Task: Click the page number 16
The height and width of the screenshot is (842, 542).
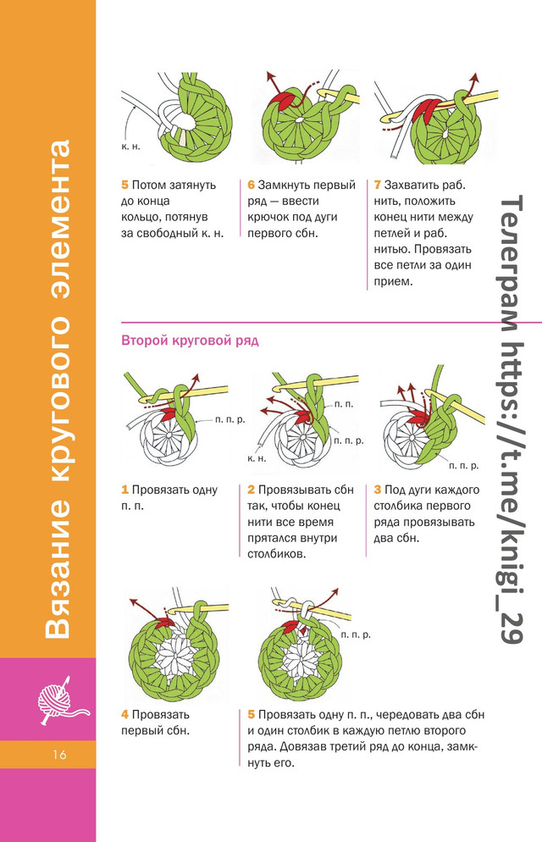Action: [x=59, y=755]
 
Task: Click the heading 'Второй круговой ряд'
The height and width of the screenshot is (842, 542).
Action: [x=190, y=341]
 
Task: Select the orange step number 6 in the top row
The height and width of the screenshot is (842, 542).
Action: [x=251, y=185]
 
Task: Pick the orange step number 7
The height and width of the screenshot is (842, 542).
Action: [x=377, y=185]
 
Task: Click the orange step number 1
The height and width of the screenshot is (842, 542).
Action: [x=124, y=490]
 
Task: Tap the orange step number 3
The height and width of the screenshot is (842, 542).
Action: [x=377, y=490]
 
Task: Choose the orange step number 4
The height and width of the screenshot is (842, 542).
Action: [x=124, y=715]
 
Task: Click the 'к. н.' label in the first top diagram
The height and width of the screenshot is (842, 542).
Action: [x=130, y=147]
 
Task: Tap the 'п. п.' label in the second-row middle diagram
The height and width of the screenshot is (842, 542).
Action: [x=344, y=404]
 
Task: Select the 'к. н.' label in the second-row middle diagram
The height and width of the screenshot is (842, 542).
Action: [x=257, y=458]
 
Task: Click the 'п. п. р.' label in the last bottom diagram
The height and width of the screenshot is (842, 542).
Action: [x=356, y=634]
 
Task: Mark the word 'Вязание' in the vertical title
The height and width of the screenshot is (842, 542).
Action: [x=58, y=569]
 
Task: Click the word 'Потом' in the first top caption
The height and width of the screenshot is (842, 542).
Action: [x=149, y=186]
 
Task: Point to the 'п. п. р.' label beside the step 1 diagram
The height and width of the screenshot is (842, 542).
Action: [x=230, y=419]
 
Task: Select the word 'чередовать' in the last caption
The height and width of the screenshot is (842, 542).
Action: [x=406, y=715]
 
